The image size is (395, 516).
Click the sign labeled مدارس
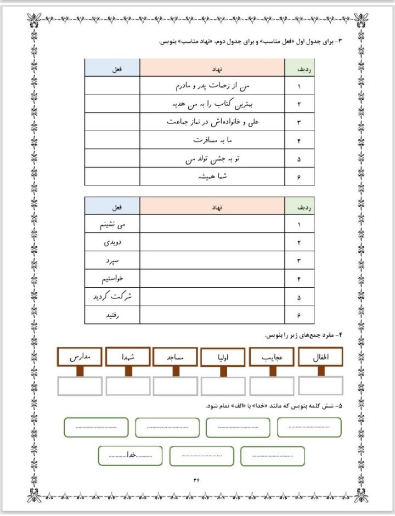tap(80, 357)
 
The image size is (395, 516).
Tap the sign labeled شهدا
tap(128, 357)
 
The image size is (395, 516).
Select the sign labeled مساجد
tap(176, 357)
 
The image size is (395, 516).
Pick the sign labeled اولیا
tap(223, 358)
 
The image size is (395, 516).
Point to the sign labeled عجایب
tap(272, 357)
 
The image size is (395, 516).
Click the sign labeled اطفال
tap(320, 357)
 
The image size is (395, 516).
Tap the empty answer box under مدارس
tap(80, 385)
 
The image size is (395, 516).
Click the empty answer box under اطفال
tap(320, 385)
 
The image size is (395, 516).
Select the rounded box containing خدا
tap(131, 456)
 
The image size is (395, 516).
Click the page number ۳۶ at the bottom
tap(197, 479)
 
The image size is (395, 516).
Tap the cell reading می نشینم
tap(112, 224)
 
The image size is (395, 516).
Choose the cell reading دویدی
tap(112, 242)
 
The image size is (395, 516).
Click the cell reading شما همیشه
tap(212, 177)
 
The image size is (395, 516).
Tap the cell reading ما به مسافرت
tap(212, 140)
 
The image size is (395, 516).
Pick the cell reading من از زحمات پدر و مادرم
tap(212, 86)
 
